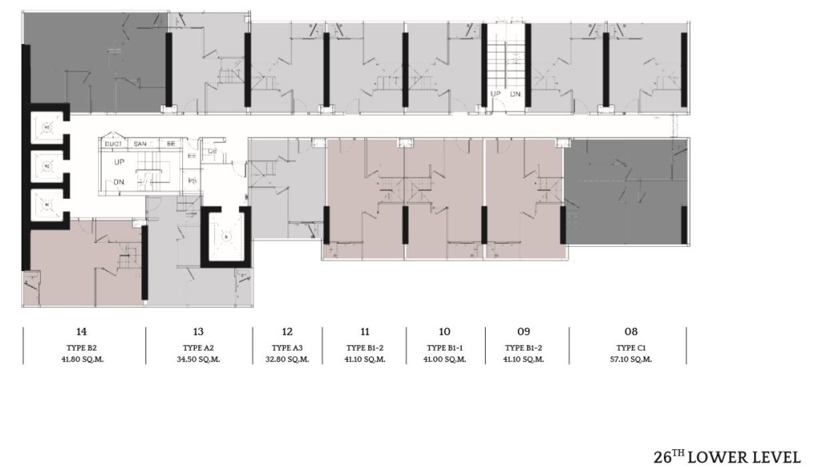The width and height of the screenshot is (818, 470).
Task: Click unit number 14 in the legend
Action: click(81, 332)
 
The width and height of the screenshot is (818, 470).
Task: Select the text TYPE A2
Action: click(198, 348)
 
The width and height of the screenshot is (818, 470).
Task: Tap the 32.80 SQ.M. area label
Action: click(288, 359)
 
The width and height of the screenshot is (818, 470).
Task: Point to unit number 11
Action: click(365, 332)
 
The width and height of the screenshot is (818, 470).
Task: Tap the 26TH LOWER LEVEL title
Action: click(726, 456)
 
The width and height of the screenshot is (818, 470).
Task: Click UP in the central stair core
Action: click(120, 161)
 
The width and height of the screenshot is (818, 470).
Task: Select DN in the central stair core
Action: click(119, 182)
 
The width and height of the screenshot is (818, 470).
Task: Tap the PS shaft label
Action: click(193, 181)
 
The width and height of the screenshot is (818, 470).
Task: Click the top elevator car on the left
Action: click(47, 127)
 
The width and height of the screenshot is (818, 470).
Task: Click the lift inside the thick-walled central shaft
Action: click(226, 237)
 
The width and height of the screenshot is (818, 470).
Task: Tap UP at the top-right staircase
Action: click(496, 94)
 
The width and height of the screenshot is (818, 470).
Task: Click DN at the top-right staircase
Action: click(516, 94)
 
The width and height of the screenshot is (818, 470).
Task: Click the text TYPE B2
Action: click(81, 348)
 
